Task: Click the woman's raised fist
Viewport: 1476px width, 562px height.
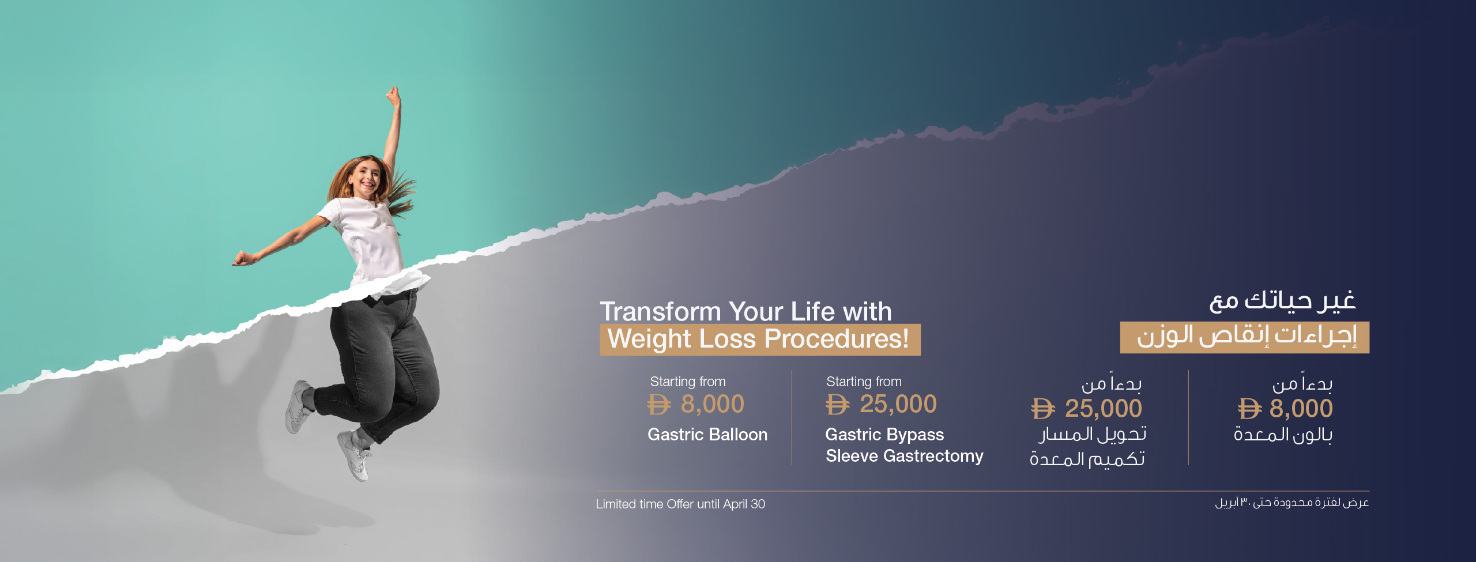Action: [394, 96]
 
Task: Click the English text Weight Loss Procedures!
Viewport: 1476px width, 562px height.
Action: [758, 339]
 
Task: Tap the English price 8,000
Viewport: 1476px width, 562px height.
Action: [713, 404]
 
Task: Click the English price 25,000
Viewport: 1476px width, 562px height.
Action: [898, 404]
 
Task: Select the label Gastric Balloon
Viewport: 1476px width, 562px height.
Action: [707, 435]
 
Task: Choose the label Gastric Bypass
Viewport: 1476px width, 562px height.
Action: [884, 435]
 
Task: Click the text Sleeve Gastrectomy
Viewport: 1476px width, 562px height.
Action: [905, 456]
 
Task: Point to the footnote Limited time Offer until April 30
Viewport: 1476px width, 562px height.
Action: [680, 504]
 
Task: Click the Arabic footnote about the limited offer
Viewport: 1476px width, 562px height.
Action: [1292, 503]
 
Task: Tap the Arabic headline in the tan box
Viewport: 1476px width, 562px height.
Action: [1247, 337]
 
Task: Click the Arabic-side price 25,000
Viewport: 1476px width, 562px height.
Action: [1103, 409]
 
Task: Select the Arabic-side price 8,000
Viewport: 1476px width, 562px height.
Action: [1301, 409]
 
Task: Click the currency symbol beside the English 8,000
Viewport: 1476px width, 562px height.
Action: [659, 405]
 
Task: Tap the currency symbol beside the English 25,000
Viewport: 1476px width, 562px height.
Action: [837, 405]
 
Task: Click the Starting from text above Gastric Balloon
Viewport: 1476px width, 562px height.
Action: [688, 382]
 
